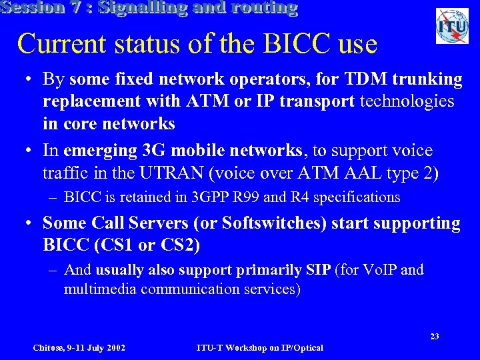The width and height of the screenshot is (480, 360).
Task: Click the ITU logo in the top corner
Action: [x=452, y=26]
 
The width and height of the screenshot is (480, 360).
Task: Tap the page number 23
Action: [x=434, y=336]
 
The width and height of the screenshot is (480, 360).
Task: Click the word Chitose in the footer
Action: [x=49, y=347]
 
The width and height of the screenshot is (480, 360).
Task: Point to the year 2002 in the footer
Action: [x=115, y=347]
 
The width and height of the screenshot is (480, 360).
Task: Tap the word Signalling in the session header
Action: [x=143, y=8]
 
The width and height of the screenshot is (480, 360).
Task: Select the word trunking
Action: [x=429, y=80]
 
